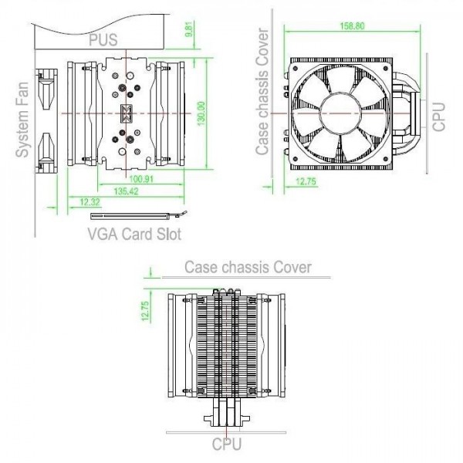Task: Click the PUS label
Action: pyautogui.click(x=103, y=40)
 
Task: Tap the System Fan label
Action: pyautogui.click(x=22, y=120)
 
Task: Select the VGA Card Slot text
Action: pyautogui.click(x=134, y=234)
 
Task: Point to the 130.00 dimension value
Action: pyautogui.click(x=201, y=113)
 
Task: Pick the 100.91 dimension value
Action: pyautogui.click(x=141, y=179)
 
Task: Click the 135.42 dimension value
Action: pyautogui.click(x=126, y=191)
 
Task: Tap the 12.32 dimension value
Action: pyautogui.click(x=90, y=202)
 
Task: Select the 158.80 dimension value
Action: pyautogui.click(x=353, y=26)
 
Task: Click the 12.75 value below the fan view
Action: pyautogui.click(x=306, y=181)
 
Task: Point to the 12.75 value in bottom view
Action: pyautogui.click(x=146, y=311)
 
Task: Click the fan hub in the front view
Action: pyautogui.click(x=341, y=113)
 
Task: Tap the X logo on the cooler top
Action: pyautogui.click(x=127, y=113)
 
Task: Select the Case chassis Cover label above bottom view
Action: pyautogui.click(x=248, y=267)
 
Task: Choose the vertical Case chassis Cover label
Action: pyautogui.click(x=262, y=91)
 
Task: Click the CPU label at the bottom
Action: pyautogui.click(x=226, y=444)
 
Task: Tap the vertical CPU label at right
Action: pyautogui.click(x=439, y=117)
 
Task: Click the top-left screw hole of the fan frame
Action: pyautogui.click(x=295, y=69)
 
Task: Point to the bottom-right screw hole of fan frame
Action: pyautogui.click(x=385, y=158)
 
